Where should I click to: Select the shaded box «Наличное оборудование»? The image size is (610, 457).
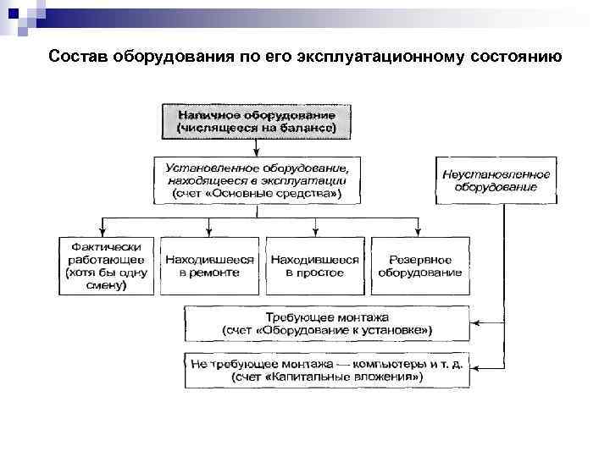[x=256, y=121]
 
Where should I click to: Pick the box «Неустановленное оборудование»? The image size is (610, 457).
[x=495, y=180]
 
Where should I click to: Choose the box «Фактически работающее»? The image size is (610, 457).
[x=106, y=266]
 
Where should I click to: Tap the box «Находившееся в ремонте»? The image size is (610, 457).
[x=209, y=266]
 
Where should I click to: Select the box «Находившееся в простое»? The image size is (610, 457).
[x=314, y=266]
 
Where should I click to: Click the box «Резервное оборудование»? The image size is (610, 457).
[x=419, y=266]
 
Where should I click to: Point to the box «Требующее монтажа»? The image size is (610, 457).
[x=327, y=322]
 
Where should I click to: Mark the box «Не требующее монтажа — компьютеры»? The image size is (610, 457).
[x=327, y=369]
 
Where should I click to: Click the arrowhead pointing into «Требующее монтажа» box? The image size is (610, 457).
[x=475, y=322]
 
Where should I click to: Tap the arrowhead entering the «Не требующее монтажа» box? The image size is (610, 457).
[x=475, y=369]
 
